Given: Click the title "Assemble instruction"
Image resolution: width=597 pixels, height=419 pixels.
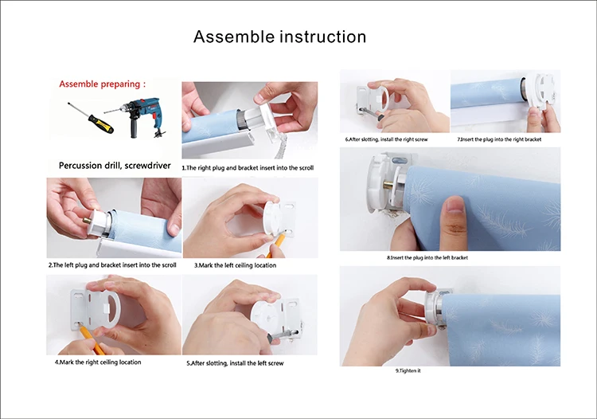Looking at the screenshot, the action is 280,37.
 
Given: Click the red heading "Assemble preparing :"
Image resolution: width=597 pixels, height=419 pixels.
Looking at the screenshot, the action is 103,84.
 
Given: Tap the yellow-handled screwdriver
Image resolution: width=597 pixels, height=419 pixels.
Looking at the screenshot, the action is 91,118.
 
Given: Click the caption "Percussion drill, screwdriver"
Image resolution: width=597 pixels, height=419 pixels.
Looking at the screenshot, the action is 115,166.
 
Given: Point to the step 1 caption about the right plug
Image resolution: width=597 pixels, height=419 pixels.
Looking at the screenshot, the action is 248,167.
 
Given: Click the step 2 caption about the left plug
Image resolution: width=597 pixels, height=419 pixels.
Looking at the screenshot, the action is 112,265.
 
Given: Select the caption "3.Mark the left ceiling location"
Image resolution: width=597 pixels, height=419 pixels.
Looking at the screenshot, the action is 236,265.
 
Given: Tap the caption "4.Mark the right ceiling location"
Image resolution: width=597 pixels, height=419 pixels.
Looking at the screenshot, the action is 98,362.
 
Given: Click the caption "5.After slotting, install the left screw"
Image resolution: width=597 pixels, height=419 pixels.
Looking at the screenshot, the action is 235,363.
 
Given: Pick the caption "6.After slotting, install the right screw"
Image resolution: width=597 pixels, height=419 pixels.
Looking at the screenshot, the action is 386,139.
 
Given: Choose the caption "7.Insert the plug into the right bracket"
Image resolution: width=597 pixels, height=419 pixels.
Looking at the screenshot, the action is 499,139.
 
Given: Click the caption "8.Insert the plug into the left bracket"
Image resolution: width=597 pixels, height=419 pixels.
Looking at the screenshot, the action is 427,258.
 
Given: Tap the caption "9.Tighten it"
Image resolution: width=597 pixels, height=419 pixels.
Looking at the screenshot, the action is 408,370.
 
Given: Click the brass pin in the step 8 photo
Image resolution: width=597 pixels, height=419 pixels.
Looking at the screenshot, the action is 388,186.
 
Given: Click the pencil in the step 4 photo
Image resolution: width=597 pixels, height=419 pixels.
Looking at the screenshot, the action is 92,340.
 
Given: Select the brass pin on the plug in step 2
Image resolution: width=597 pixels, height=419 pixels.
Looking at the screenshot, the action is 86,220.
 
